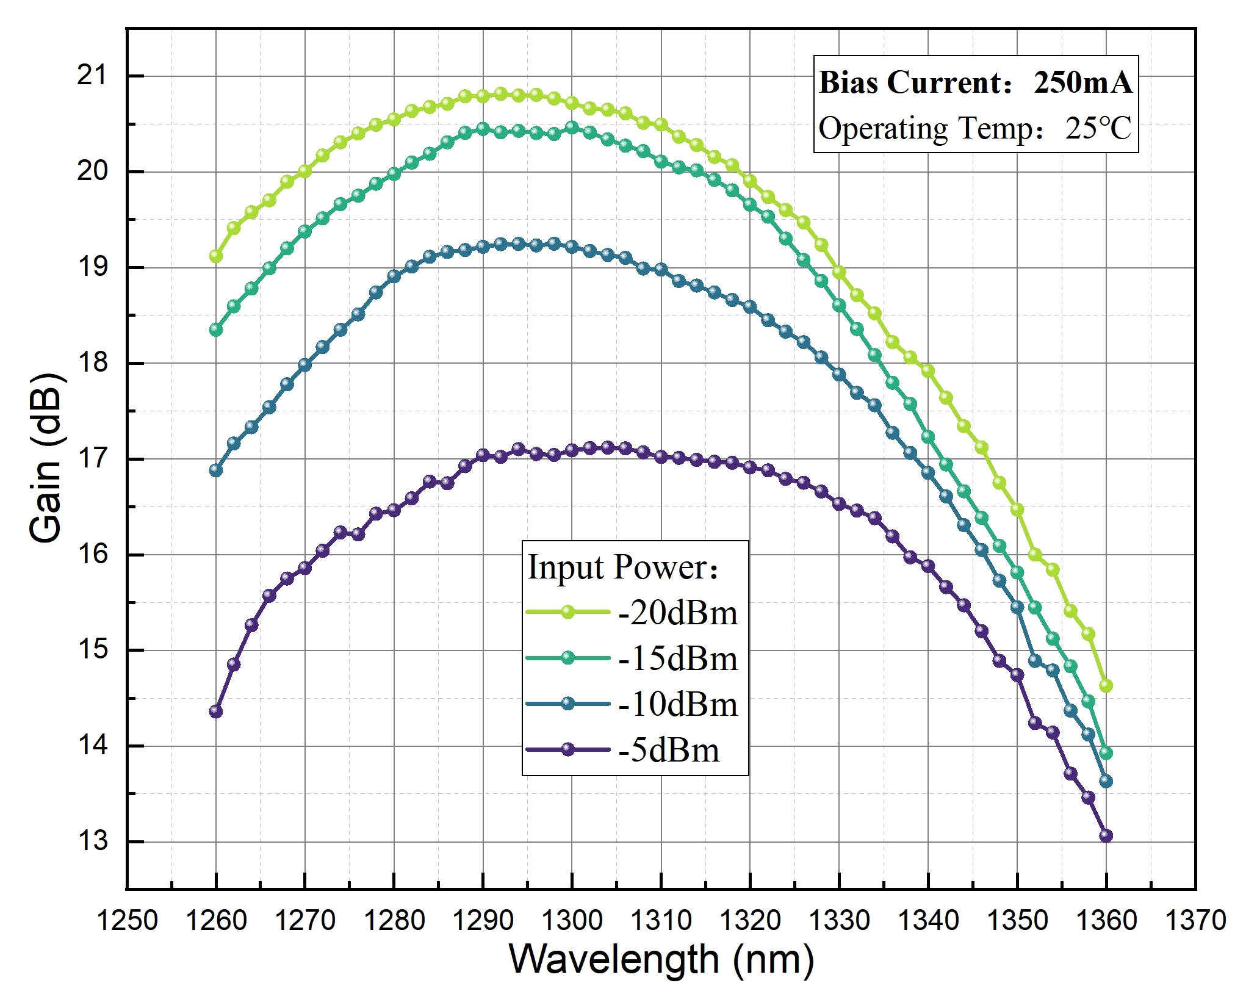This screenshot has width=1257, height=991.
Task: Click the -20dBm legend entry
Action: [677, 613]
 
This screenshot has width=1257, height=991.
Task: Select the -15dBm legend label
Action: [677, 658]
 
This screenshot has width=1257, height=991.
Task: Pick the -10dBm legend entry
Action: [677, 704]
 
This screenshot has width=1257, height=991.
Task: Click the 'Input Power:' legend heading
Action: [623, 568]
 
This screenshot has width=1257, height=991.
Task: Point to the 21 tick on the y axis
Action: [92, 76]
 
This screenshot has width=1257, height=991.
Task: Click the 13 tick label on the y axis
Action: [92, 841]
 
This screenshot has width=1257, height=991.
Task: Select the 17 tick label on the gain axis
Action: [92, 458]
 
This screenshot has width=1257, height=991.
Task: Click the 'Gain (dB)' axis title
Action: [46, 458]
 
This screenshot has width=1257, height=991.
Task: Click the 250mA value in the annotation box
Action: [1082, 82]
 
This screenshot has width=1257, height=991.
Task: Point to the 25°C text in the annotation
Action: [1098, 128]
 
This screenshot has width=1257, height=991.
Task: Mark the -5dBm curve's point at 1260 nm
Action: [215, 712]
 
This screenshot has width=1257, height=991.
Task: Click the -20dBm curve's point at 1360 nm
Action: [1106, 686]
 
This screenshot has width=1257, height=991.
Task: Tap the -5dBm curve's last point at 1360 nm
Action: [1106, 835]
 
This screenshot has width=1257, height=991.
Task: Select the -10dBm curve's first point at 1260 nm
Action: [215, 470]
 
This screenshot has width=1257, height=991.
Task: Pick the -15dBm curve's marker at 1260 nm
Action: [215, 330]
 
